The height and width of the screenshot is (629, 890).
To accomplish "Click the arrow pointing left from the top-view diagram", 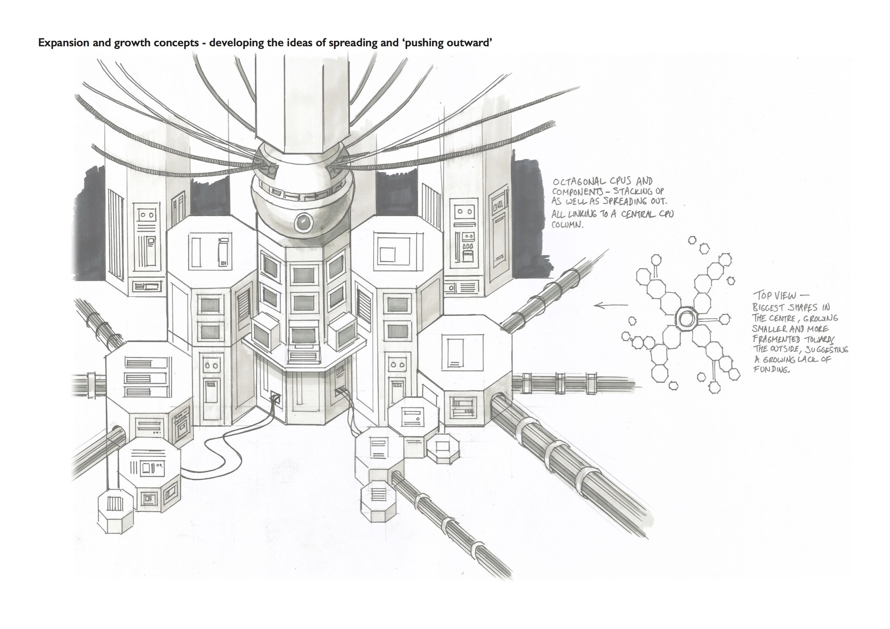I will [610, 305].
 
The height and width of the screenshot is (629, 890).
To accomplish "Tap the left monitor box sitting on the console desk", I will [266, 330].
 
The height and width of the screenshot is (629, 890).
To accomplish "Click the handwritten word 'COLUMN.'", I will [568, 225].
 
